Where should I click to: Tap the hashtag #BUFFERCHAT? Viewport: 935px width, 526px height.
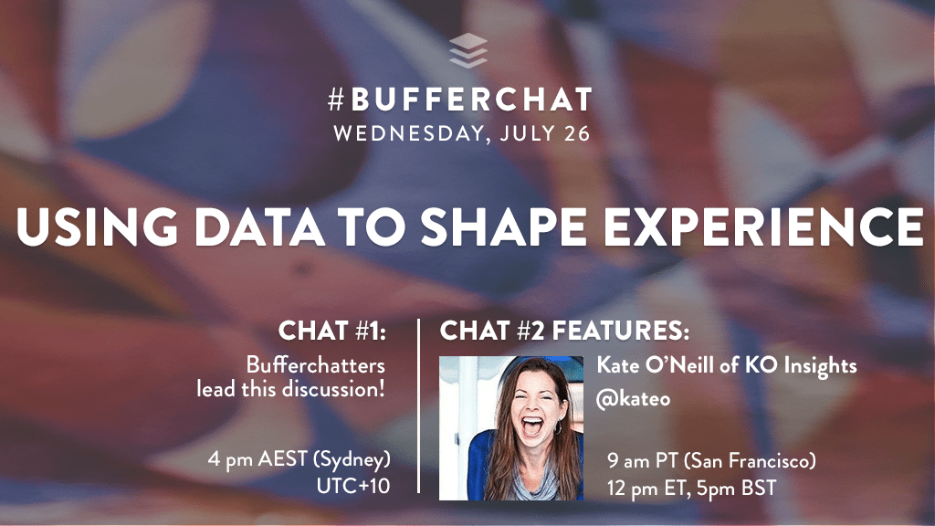pos(460,100)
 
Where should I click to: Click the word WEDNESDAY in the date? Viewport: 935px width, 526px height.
pos(404,133)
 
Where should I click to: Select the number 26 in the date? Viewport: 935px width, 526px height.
pos(575,133)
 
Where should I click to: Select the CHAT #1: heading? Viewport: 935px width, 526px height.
pos(332,330)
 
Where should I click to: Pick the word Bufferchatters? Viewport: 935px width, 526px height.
pos(315,365)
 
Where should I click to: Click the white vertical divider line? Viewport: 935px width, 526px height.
pos(418,406)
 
